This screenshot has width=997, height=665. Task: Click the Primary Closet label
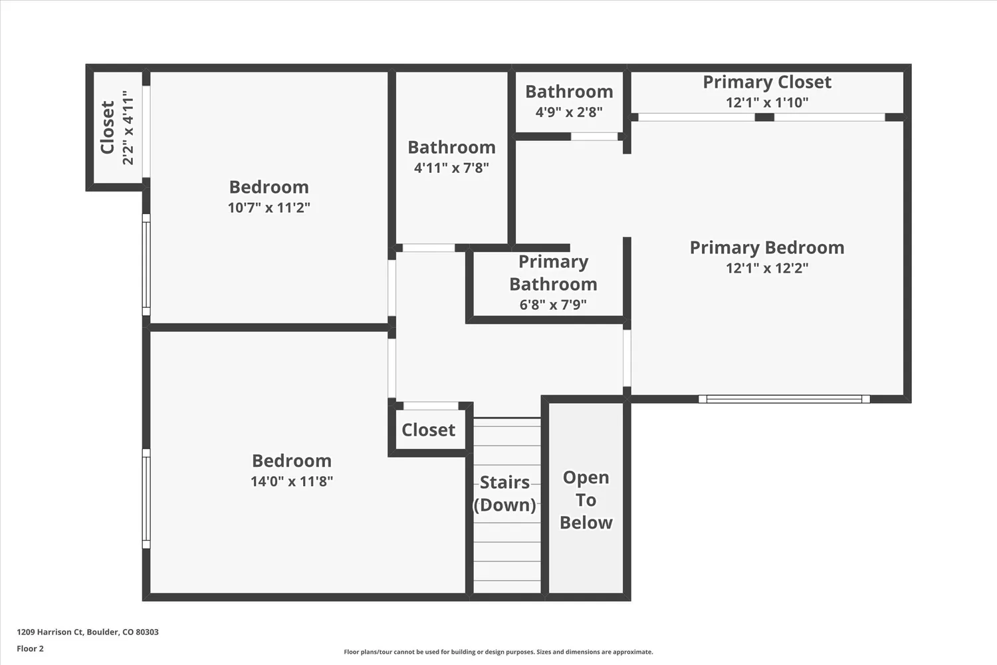767,82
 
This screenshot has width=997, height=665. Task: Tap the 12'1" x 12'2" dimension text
767,268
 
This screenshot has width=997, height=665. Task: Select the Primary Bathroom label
553,273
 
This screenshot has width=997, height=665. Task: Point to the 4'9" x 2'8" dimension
569,112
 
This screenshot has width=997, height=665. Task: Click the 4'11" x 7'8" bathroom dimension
451,168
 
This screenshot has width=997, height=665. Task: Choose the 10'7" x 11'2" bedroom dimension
269,207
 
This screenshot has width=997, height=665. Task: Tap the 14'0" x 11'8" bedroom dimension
291,481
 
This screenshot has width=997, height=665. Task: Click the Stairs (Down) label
504,493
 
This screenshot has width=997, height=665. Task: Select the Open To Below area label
586,500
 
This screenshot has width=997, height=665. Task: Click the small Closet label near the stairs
428,430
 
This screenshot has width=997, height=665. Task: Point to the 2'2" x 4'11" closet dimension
128,128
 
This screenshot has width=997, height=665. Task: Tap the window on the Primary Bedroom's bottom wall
784,399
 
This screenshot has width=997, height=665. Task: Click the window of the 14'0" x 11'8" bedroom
146,499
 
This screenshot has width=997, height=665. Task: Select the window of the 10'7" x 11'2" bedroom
146,265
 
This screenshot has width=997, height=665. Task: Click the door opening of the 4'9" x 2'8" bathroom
594,136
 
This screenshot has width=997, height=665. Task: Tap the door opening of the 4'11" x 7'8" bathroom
429,248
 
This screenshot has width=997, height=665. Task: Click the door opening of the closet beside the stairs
431,406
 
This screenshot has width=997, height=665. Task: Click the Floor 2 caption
30,648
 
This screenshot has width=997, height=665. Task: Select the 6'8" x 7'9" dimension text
553,305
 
